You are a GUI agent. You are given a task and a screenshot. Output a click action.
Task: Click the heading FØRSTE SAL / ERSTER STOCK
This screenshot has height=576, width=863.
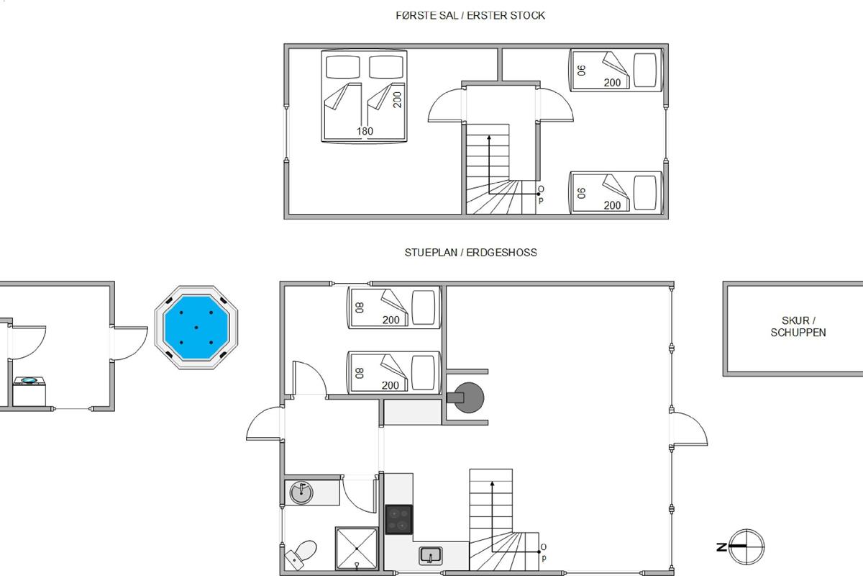point(470,15)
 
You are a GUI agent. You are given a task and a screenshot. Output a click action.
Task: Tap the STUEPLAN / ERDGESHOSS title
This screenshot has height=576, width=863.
point(470,252)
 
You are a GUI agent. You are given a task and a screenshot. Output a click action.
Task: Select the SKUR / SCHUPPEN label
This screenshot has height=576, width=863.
point(798,326)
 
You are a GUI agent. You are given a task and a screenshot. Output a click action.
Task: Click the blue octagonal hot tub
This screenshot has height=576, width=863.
point(196,328)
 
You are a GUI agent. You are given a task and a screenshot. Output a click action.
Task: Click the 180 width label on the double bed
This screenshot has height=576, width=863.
point(365,131)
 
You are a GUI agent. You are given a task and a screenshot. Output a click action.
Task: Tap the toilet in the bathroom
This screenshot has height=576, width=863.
point(301,554)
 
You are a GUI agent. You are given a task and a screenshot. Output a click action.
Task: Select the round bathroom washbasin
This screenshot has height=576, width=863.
point(301,492)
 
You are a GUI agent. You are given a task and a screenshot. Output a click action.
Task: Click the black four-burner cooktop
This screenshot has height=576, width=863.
point(398,519)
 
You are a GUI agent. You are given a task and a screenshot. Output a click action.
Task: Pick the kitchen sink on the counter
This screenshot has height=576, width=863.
point(430,556)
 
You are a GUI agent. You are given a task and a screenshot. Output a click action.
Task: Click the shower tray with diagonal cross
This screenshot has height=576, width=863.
point(357,548)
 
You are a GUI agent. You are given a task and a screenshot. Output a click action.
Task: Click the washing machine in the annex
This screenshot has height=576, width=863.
point(29,391)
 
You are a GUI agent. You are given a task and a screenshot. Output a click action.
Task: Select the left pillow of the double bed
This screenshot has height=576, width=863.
point(342,67)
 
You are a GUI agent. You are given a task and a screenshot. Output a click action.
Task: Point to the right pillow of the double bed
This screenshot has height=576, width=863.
point(386,67)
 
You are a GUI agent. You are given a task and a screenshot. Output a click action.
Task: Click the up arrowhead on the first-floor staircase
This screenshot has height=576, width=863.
point(489,138)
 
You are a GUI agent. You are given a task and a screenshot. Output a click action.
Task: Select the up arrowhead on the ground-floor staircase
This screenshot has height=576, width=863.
point(492,484)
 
